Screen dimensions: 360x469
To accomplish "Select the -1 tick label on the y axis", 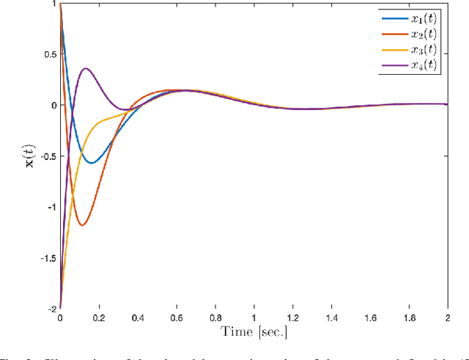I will point(50,207).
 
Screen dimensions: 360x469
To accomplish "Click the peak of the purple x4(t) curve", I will point(86,69).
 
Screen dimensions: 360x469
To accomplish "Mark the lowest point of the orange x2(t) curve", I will point(81,225).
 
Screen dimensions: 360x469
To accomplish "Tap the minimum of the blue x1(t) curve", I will point(91,163).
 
